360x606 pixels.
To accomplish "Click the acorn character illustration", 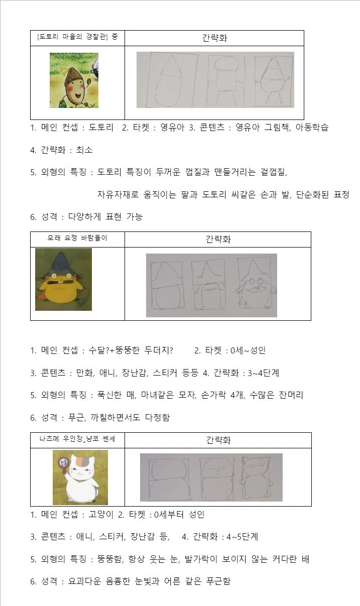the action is [74, 80].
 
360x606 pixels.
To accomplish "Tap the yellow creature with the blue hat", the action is [64, 279].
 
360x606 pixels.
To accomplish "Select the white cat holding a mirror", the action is [80, 477].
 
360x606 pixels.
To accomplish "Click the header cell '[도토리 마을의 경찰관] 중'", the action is [78, 37].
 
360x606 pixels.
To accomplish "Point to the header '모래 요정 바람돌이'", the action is [77, 238].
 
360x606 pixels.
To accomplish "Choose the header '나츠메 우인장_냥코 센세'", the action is [77, 438].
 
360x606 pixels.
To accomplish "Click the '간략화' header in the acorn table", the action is [214, 38].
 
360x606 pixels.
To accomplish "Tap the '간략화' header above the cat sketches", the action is [218, 440].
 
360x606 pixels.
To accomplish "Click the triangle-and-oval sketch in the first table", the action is [171, 79].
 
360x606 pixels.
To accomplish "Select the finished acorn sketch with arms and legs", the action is [274, 81].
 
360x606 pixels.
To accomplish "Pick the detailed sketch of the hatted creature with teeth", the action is [255, 284].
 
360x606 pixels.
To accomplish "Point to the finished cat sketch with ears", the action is [256, 477].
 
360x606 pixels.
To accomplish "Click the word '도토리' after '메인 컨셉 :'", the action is [101, 128].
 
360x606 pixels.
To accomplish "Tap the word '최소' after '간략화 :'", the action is [84, 150].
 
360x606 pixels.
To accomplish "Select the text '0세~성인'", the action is [248, 350].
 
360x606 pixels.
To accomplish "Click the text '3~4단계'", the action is [263, 373].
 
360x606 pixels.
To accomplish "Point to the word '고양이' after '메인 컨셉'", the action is [101, 514].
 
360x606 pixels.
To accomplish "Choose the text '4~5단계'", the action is [243, 537].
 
